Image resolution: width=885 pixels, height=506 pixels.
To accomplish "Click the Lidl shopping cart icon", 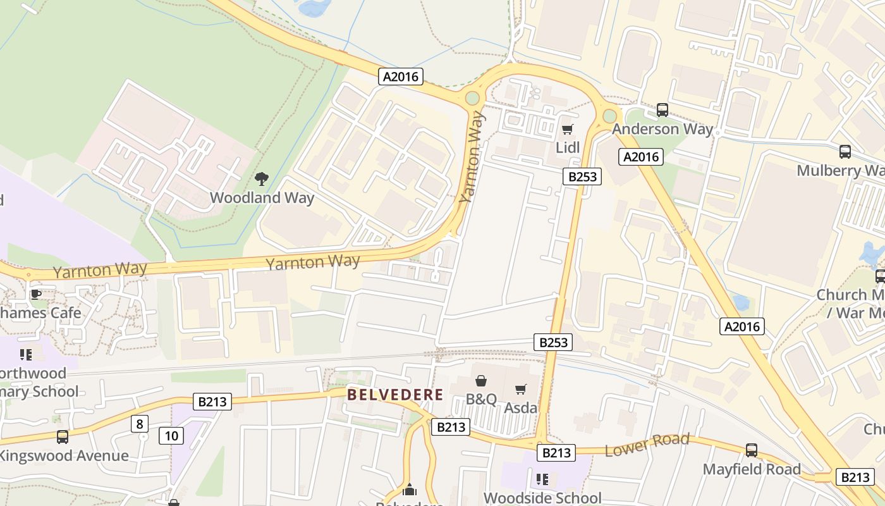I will tap(567, 130).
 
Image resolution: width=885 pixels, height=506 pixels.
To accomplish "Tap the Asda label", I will tap(521, 407).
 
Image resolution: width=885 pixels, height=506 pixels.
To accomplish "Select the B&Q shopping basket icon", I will tap(481, 381).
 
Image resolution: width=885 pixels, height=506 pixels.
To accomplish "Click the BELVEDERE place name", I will tap(395, 395).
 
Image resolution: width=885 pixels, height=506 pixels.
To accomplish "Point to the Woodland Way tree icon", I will tap(261, 179).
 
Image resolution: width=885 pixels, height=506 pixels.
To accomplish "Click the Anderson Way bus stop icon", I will tap(662, 110).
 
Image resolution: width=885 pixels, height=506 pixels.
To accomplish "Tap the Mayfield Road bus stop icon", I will tap(751, 450).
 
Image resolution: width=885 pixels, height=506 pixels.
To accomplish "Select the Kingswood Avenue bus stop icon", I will tap(62, 436).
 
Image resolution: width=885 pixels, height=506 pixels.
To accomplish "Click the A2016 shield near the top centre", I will tap(401, 77).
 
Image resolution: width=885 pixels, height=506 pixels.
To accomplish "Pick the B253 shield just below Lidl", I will tap(582, 176).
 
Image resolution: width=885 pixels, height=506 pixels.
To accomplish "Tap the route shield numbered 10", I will tap(172, 435).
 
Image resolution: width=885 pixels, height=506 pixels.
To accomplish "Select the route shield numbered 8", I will tap(140, 423).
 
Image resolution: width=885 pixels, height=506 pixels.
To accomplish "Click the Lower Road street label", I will tap(647, 445).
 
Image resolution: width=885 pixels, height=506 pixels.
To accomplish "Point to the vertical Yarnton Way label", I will tap(473, 157).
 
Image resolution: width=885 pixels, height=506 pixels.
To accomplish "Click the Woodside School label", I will tap(542, 498).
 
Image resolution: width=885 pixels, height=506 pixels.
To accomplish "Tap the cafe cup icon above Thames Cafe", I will tap(36, 294).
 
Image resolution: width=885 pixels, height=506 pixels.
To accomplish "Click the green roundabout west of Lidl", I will tap(472, 98).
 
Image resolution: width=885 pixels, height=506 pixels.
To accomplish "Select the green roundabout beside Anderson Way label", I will tap(609, 116).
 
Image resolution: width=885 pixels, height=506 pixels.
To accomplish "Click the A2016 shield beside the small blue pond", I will tap(742, 326).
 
